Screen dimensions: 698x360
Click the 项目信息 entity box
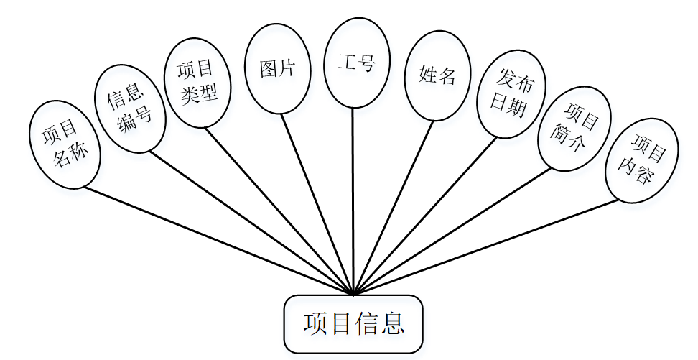pos(353,324)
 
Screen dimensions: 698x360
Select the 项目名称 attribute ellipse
pos(65,144)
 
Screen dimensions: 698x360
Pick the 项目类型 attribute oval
pos(196,82)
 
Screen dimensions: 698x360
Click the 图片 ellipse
pos(277,68)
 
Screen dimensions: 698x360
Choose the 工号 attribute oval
pos(356,63)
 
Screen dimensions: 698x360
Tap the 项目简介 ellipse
pos(574,129)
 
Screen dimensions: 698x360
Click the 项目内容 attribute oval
pos(641,160)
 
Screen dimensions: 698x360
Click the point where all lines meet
pos(353,294)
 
